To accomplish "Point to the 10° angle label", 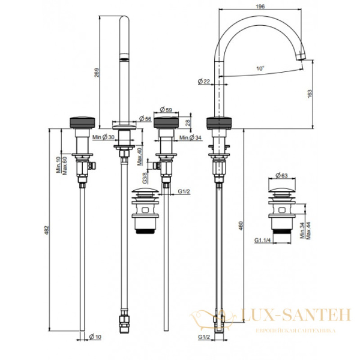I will click(260, 69).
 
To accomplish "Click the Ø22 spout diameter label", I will click(203, 80).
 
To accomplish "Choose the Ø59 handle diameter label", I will click(166, 110).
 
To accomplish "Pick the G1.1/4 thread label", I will click(262, 241).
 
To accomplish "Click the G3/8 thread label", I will click(145, 178).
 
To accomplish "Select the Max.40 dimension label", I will click(139, 156).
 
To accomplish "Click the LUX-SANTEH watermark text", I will click(287, 315).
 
